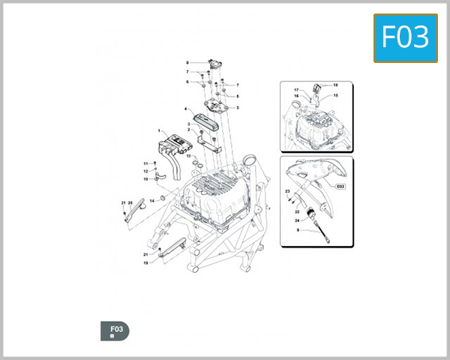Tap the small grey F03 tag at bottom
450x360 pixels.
pyautogui.click(x=115, y=331)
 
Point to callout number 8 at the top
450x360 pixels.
pyautogui.click(x=187, y=62)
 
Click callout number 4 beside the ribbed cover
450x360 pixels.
pyautogui.click(x=185, y=109)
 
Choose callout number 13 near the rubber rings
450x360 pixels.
pyautogui.click(x=189, y=155)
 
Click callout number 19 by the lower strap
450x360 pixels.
pyautogui.click(x=145, y=263)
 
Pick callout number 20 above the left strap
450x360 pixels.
pyautogui.click(x=130, y=203)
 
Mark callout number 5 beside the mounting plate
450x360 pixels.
pyautogui.click(x=237, y=108)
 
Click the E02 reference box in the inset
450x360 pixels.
pyautogui.click(x=339, y=185)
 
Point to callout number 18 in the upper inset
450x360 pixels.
pyautogui.click(x=335, y=85)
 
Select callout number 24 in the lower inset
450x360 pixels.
pyautogui.click(x=297, y=221)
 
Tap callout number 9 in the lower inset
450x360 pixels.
pyautogui.click(x=298, y=231)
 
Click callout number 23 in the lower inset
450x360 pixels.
pyautogui.click(x=287, y=192)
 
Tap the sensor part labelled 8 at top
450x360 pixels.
pyautogui.click(x=215, y=64)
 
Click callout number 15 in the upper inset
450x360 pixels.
pyautogui.click(x=335, y=96)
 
